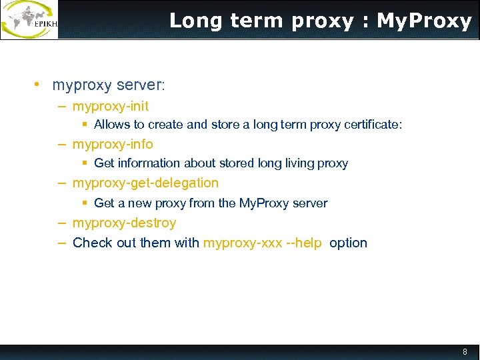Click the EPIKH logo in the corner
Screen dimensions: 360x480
click(30, 20)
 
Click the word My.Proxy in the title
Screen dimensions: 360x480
click(424, 21)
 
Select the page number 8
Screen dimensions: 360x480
click(465, 351)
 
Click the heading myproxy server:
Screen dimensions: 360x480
click(108, 85)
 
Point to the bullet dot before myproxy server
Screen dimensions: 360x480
click(39, 85)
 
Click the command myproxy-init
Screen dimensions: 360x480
click(111, 106)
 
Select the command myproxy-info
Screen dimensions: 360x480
click(113, 144)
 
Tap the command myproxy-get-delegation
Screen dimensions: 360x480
click(145, 183)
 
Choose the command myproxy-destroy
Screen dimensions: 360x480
click(124, 223)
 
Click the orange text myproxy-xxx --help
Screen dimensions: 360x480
click(263, 243)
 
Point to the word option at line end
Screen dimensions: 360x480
click(348, 243)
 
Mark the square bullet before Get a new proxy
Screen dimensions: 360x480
click(85, 203)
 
